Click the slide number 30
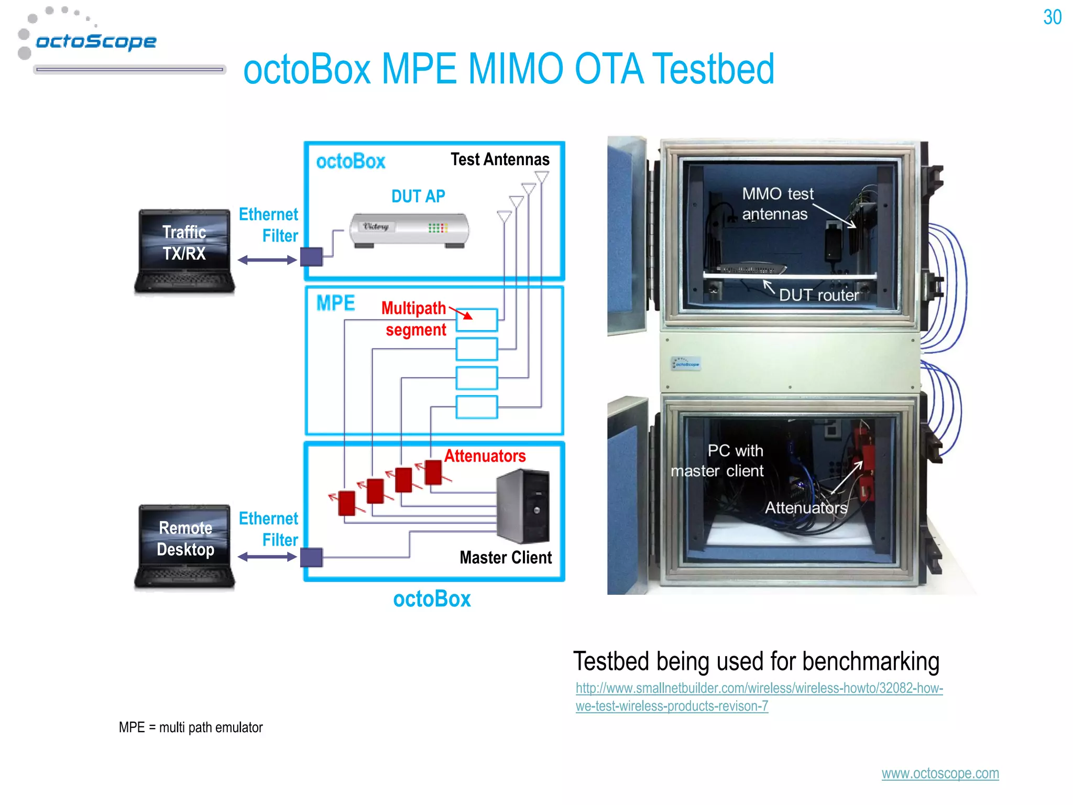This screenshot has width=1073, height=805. (x=1052, y=18)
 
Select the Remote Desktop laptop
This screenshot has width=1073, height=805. (x=184, y=546)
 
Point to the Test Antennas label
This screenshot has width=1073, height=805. (x=500, y=159)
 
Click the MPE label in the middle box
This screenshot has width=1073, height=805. (x=335, y=303)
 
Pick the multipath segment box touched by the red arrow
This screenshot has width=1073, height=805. (x=477, y=320)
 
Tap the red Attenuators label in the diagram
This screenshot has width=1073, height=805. (x=485, y=456)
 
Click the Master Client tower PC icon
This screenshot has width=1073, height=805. (x=523, y=506)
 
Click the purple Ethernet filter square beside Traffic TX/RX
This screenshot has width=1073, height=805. (x=311, y=257)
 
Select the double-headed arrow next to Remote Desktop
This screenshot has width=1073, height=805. (x=267, y=557)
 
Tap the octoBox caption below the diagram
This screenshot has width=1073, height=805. (x=432, y=599)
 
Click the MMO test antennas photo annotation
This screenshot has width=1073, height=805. (x=777, y=203)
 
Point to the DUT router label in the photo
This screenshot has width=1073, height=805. (x=818, y=295)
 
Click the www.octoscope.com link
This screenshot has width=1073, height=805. (x=940, y=773)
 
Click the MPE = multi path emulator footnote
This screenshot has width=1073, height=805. (x=191, y=727)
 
